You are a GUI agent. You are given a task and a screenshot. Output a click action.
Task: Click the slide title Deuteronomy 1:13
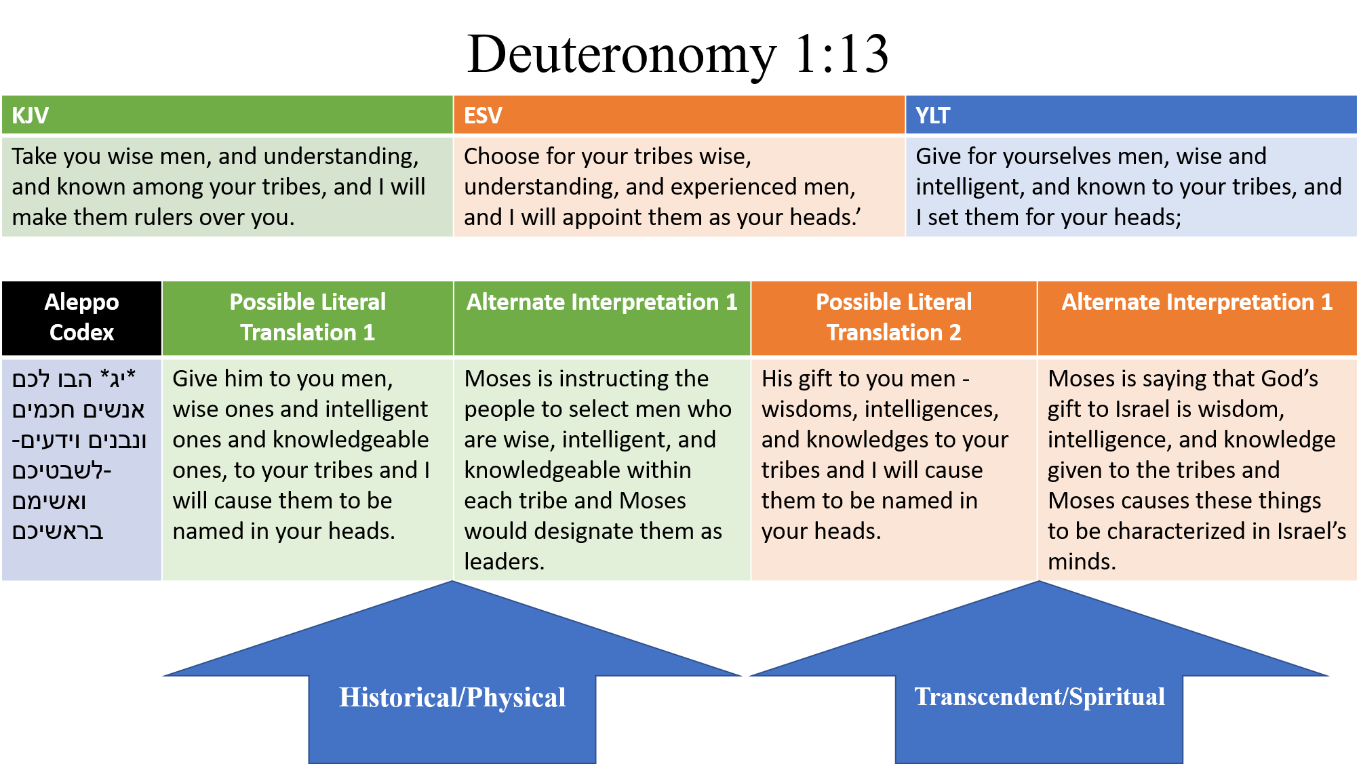pyautogui.click(x=678, y=54)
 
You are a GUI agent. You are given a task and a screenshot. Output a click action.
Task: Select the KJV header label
pyautogui.click(x=30, y=115)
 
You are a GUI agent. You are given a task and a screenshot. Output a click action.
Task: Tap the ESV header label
pyautogui.click(x=483, y=115)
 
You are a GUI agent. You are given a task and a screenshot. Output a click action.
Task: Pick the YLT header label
pyautogui.click(x=933, y=115)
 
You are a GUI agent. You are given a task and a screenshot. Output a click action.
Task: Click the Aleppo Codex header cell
pyautogui.click(x=81, y=317)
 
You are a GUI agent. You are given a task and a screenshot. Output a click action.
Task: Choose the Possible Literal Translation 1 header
pyautogui.click(x=307, y=317)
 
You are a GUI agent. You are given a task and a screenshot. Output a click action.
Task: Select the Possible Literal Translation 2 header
pyautogui.click(x=894, y=317)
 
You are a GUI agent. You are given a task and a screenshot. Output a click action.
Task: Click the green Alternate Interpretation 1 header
pyautogui.click(x=601, y=302)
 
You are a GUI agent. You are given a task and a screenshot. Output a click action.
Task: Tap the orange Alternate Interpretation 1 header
pyautogui.click(x=1197, y=302)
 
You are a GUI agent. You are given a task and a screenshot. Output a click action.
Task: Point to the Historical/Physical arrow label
pyautogui.click(x=452, y=698)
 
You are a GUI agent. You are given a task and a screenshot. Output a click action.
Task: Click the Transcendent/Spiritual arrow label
pyautogui.click(x=1040, y=697)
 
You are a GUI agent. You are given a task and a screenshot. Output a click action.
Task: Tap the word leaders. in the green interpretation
pyautogui.click(x=504, y=562)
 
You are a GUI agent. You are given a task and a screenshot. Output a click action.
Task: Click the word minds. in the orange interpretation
pyautogui.click(x=1082, y=562)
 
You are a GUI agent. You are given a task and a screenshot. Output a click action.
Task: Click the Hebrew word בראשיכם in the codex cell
pyautogui.click(x=58, y=531)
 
